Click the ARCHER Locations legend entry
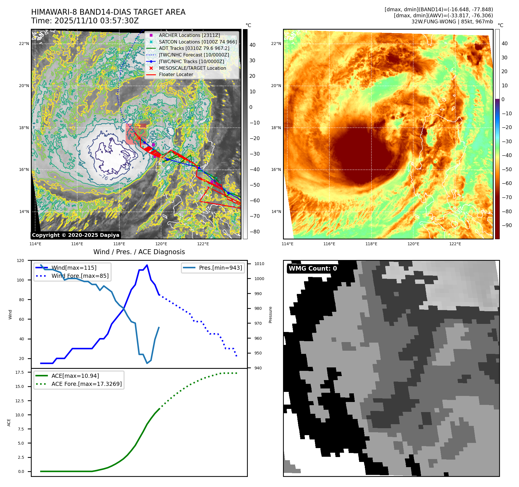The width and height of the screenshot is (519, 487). [x=189, y=35]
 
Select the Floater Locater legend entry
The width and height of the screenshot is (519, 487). [x=176, y=74]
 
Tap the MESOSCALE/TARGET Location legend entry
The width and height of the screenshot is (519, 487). [x=192, y=68]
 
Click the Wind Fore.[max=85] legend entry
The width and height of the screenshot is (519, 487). [x=80, y=276]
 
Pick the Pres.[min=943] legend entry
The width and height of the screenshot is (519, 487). [x=220, y=268]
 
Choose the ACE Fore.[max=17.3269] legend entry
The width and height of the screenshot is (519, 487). [x=86, y=384]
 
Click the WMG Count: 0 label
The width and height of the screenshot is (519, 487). [x=313, y=268]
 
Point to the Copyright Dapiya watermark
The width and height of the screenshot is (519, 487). [x=76, y=235]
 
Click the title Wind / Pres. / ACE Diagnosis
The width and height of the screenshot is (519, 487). [x=139, y=252]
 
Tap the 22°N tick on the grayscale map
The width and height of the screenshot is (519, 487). [x=24, y=44]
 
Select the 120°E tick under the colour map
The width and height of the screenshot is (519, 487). [x=413, y=244]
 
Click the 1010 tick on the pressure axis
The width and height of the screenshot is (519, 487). [x=259, y=264]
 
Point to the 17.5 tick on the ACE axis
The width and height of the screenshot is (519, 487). [x=20, y=372]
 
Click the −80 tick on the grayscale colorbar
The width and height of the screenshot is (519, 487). [x=254, y=232]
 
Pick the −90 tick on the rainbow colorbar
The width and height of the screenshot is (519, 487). [x=507, y=225]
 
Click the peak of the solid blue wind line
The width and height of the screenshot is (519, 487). [x=147, y=265]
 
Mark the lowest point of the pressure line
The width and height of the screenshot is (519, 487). [x=147, y=363]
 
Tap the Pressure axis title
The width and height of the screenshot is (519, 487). [x=270, y=315]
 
